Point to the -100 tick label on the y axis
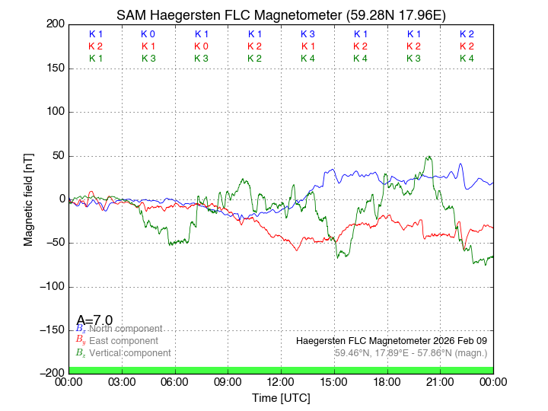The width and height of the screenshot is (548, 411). [x=51, y=287]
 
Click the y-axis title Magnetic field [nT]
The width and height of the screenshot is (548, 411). [x=29, y=198]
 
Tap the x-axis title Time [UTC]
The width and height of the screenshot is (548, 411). [x=281, y=398]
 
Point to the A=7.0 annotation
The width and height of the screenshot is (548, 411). [x=95, y=320]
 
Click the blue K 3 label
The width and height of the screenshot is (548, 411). [x=307, y=34]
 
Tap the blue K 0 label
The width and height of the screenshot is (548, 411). [x=148, y=34]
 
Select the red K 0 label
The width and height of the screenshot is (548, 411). [x=201, y=46]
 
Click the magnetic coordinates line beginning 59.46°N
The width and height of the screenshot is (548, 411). [x=411, y=353]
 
